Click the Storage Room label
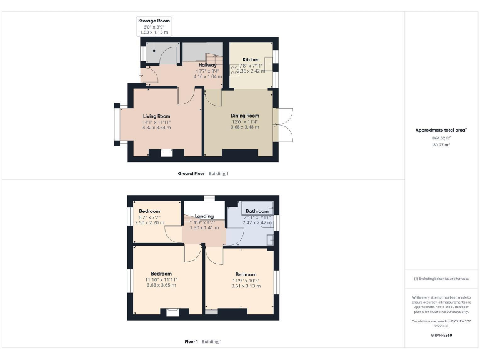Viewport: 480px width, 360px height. click(x=153, y=21)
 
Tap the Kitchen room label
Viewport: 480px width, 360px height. click(x=251, y=59)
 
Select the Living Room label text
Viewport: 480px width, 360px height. click(x=156, y=116)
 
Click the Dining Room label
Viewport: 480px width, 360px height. click(x=244, y=116)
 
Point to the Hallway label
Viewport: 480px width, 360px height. click(x=207, y=65)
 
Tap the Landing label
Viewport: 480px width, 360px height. click(x=204, y=216)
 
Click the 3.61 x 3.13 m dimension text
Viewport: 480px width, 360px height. click(x=246, y=286)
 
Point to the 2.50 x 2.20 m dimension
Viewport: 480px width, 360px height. click(x=149, y=222)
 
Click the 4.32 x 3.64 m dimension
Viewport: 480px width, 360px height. click(x=156, y=127)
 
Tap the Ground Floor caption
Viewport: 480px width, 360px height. click(x=191, y=173)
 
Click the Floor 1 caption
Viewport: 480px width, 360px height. click(x=191, y=342)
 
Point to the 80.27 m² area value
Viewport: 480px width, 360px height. click(x=441, y=144)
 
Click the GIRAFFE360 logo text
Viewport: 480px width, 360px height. click(x=441, y=336)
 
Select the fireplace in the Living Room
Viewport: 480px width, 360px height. click(x=167, y=152)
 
